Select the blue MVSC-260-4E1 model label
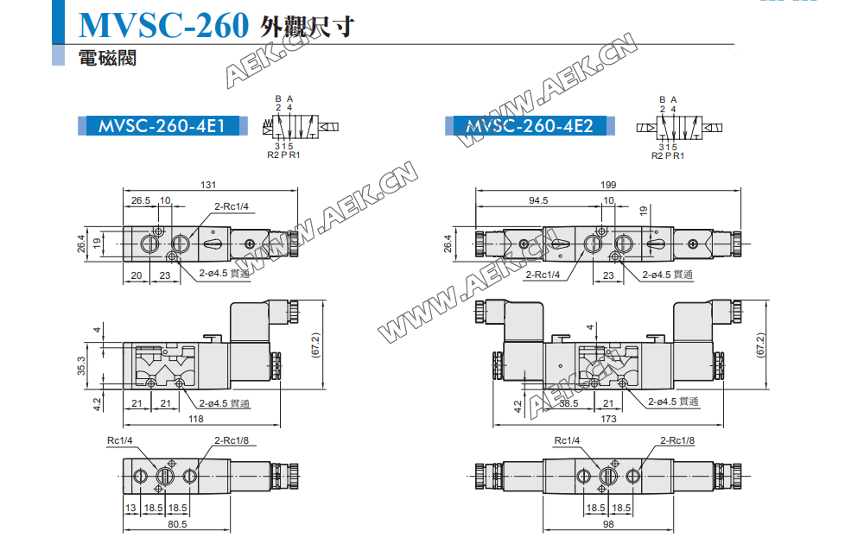162,126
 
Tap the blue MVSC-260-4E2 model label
530,126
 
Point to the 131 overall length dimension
207,185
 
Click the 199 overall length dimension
607,185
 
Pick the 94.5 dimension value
537,200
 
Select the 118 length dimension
196,419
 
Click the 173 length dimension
607,419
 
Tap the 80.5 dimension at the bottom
177,524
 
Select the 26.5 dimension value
140,200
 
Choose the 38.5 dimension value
568,403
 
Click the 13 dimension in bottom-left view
131,509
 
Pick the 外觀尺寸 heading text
307,28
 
